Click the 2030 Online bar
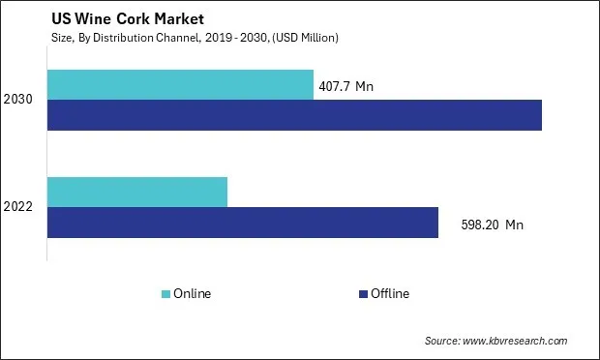[180, 84]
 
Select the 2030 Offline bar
[294, 115]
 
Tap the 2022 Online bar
[136, 192]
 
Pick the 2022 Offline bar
[242, 223]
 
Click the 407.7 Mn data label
[345, 86]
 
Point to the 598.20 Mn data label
[494, 225]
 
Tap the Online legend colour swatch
[165, 293]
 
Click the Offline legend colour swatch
[363, 293]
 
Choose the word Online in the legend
[193, 293]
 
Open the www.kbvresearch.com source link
[516, 341]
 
